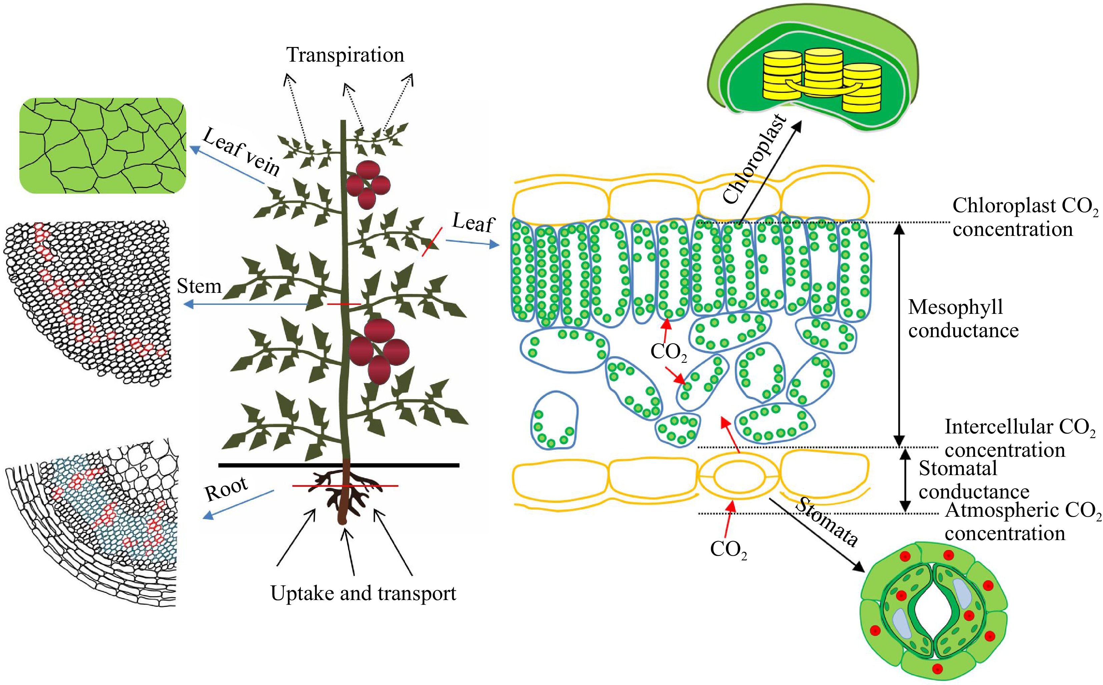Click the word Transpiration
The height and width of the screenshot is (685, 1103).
[x=345, y=55]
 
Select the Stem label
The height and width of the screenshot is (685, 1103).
[x=199, y=286]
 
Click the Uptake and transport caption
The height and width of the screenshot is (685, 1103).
[x=363, y=593]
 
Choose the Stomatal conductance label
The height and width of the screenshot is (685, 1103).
[x=973, y=480]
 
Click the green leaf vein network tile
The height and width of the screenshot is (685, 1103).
[x=102, y=145]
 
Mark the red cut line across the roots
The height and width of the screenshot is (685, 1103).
[x=345, y=486]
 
